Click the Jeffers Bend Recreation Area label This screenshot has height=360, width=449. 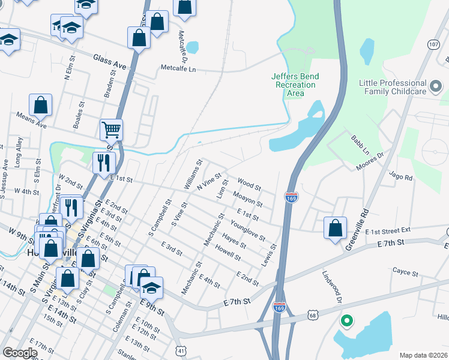[x=295, y=85]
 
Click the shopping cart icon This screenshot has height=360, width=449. [x=111, y=129]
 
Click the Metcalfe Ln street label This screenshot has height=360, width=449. [x=178, y=68]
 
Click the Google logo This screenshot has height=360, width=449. [x=20, y=353]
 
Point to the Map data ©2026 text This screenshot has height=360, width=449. [x=423, y=355]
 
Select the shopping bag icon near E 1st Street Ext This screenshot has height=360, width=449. [x=335, y=228]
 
